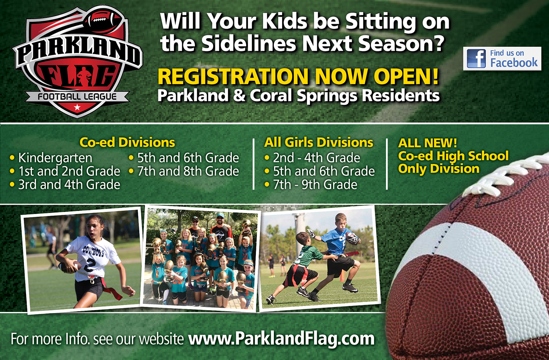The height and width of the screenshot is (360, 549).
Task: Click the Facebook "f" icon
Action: (476, 59)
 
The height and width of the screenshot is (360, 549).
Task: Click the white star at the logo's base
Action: (77, 107)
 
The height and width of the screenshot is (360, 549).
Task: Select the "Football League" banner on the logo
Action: (77, 97)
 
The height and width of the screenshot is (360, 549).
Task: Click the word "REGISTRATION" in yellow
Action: (233, 77)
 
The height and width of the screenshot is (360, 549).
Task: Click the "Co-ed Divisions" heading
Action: (127, 142)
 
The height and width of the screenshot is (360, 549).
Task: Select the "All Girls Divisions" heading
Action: (319, 142)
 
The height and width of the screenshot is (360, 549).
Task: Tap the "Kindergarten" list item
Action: (51, 158)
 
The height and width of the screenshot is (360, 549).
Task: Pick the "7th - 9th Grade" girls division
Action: (311, 185)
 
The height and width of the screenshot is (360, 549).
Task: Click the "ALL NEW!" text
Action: (427, 143)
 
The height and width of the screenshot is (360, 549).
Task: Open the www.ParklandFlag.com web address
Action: (281, 339)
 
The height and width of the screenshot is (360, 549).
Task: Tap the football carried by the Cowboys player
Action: (69, 267)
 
